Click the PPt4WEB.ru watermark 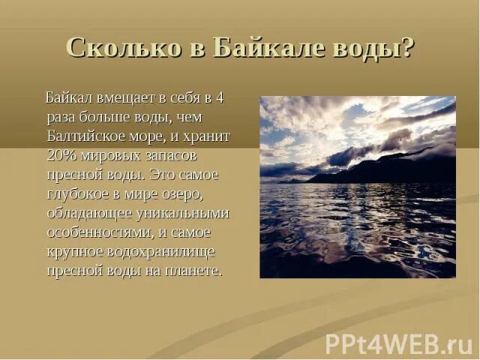pyautogui.click(x=398, y=343)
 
